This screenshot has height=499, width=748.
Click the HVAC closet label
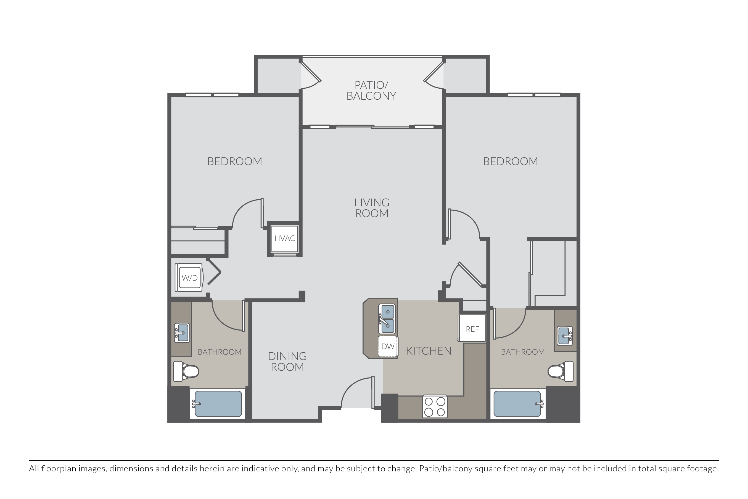click(285, 238)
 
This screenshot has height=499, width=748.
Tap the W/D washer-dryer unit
click(190, 278)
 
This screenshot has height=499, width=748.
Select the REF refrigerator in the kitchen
click(472, 328)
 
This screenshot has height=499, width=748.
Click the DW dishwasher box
click(388, 347)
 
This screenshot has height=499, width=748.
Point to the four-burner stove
click(435, 406)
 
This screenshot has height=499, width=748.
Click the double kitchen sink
click(387, 319)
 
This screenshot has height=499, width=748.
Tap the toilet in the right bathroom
click(561, 371)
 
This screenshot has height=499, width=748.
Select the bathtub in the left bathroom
click(218, 403)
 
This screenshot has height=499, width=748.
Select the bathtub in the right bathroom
click(518, 403)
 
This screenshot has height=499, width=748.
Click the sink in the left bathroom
click(182, 333)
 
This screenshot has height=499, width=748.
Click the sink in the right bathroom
click(565, 336)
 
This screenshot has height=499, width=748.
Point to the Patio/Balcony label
click(371, 90)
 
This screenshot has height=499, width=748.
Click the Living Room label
click(372, 208)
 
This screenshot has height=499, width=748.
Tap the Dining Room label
click(287, 361)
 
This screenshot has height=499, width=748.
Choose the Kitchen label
click(429, 351)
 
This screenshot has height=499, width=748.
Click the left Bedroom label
click(235, 161)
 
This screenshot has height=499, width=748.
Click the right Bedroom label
click(511, 161)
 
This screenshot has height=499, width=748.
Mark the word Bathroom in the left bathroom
click(220, 352)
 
